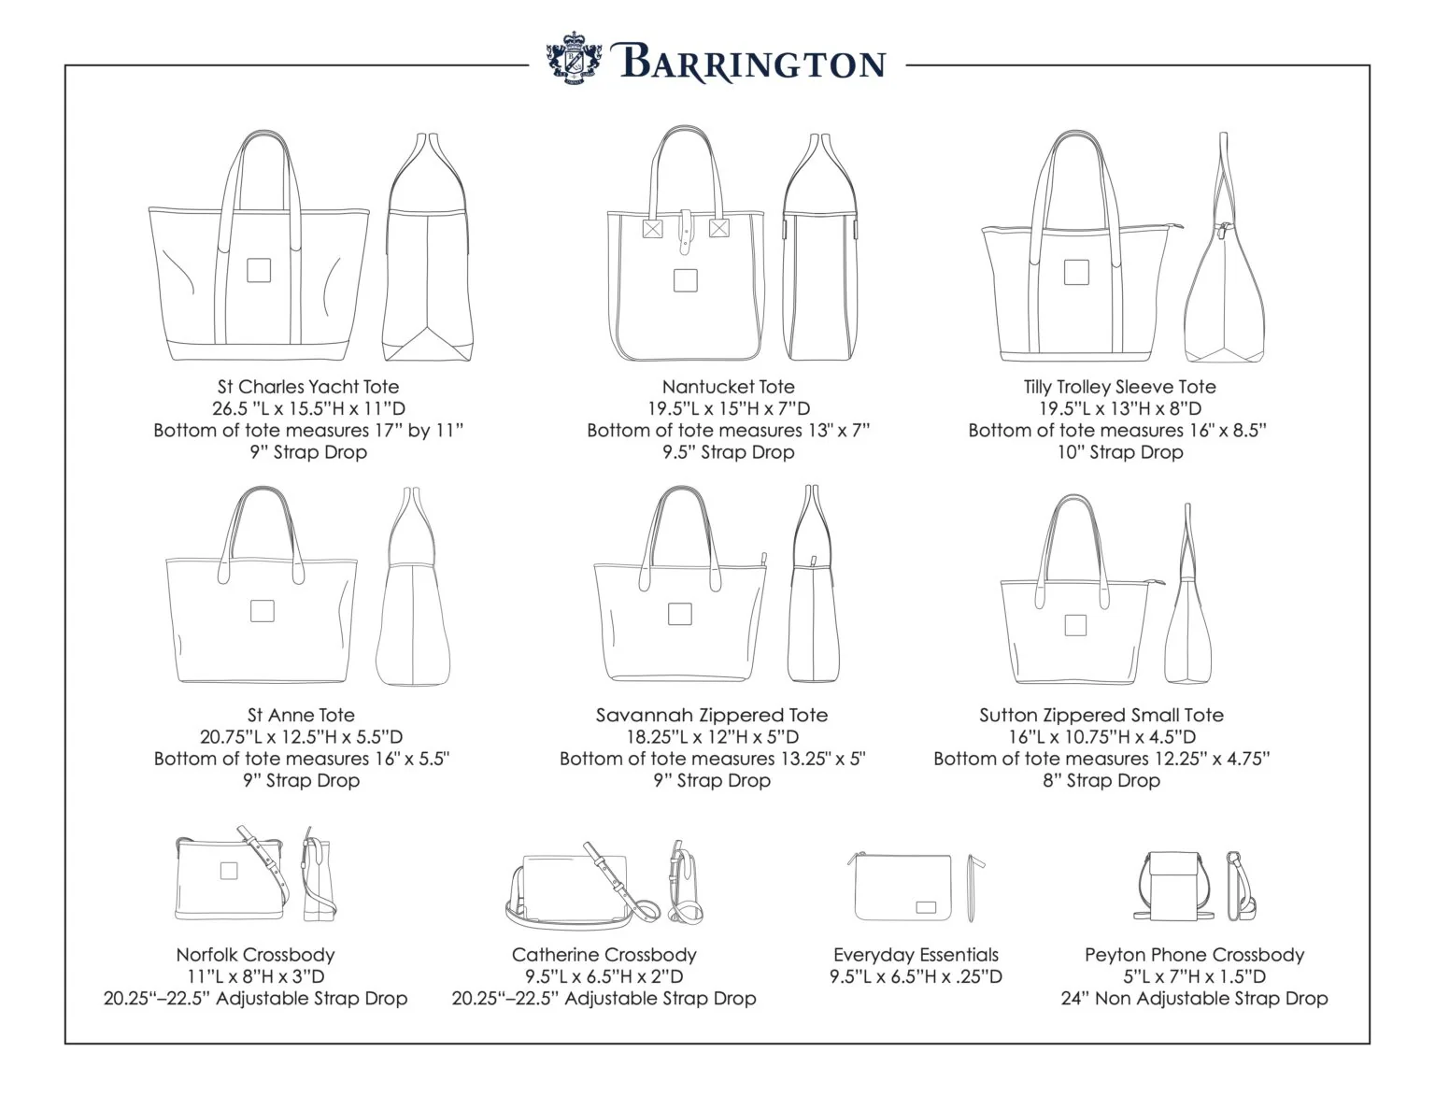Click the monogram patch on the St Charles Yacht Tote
click(259, 270)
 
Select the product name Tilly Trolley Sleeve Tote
click(1119, 387)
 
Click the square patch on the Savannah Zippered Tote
click(679, 614)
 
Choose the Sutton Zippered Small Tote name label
click(1101, 716)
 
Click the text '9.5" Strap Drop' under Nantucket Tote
click(728, 452)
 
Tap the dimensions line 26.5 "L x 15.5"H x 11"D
click(308, 408)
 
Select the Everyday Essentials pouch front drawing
click(903, 887)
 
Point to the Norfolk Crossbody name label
click(255, 955)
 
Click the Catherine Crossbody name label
click(604, 955)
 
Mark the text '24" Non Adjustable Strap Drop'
click(1194, 999)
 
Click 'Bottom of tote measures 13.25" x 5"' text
click(712, 759)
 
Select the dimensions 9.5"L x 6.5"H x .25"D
click(916, 977)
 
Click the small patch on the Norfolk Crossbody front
click(228, 871)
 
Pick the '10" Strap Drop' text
click(1119, 452)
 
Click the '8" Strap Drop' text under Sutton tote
click(1101, 781)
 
